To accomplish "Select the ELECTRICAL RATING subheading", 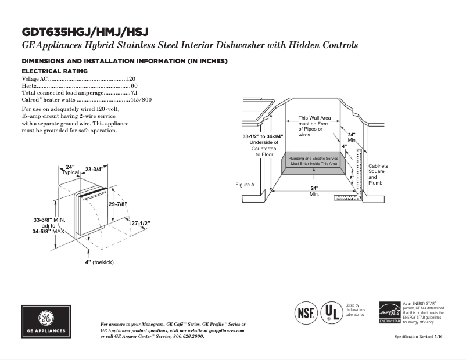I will tap(55, 71).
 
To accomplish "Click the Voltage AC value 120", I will tap(131, 78).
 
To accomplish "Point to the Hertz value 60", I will tap(134, 86).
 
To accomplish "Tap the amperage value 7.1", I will tap(134, 93).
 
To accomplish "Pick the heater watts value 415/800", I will tap(141, 100).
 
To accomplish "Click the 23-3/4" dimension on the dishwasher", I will tap(94, 170).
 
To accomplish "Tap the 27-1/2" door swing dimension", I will tap(141, 223).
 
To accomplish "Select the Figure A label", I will tap(245, 185).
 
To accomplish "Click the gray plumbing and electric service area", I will tap(313, 161).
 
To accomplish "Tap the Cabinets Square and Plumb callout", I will tap(378, 174).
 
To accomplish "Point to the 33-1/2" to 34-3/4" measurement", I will tap(263, 136).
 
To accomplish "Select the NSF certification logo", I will tap(306, 312).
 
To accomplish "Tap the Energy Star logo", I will tap(390, 312).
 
